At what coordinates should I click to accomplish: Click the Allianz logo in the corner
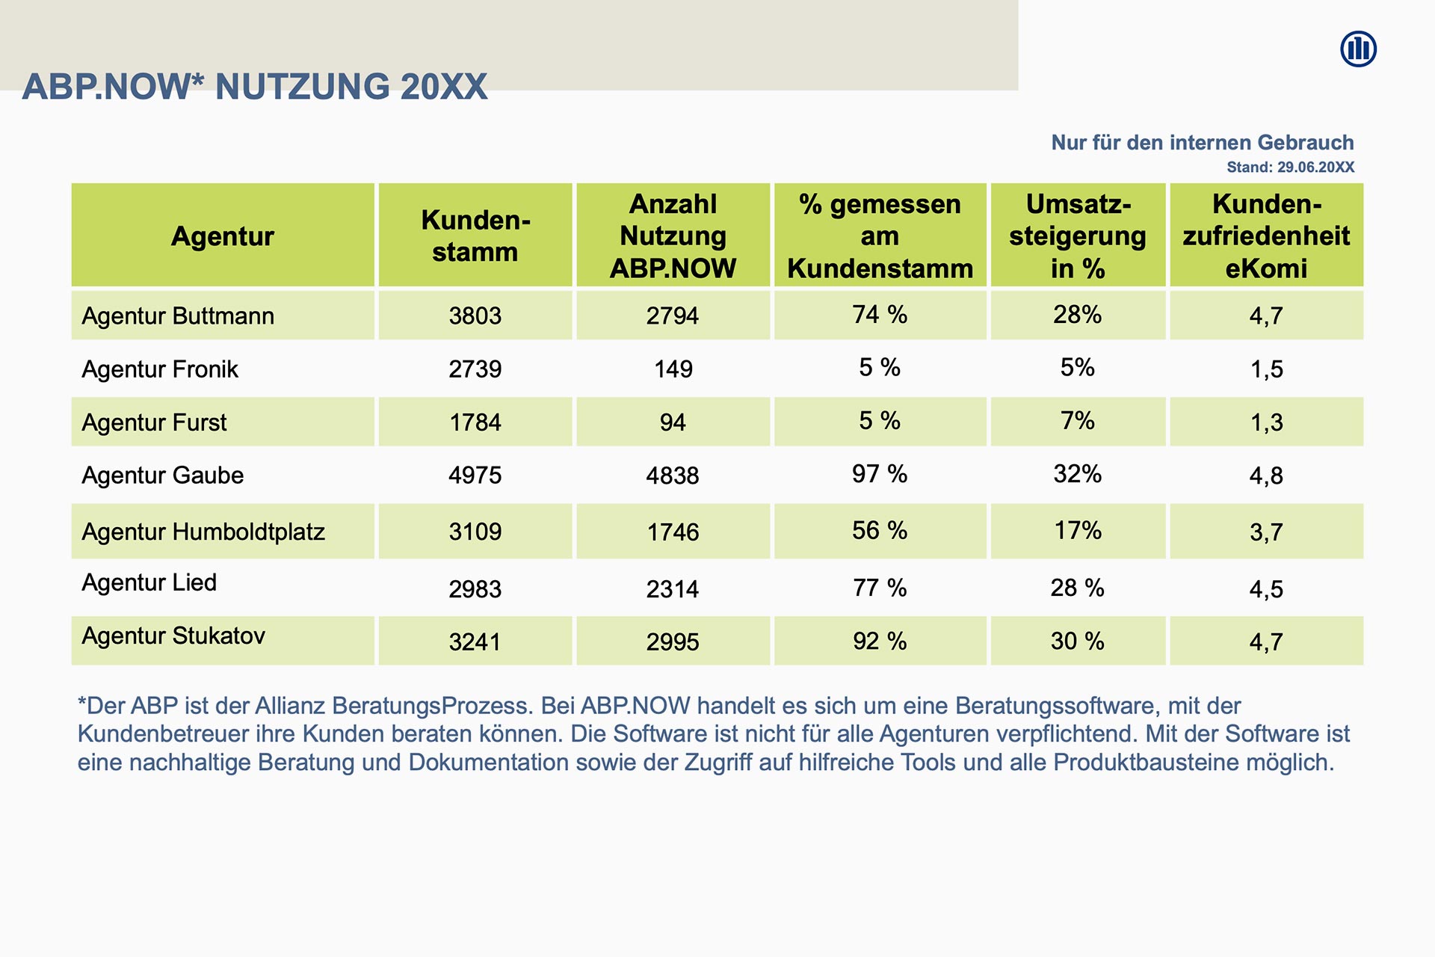click(x=1358, y=49)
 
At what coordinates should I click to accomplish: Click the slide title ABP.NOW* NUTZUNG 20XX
click(x=255, y=87)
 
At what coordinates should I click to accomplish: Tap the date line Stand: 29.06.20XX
click(x=1290, y=167)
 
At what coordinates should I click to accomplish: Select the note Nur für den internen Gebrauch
click(x=1202, y=143)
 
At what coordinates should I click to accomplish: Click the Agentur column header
click(x=223, y=236)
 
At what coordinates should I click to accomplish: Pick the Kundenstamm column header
click(x=475, y=236)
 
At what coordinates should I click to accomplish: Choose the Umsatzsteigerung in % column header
click(x=1077, y=236)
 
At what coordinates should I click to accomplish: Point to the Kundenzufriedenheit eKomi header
click(x=1266, y=236)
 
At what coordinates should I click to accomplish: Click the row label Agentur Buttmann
click(x=178, y=316)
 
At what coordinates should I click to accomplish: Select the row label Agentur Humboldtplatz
click(x=203, y=532)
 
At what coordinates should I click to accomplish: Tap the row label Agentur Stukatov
click(x=173, y=636)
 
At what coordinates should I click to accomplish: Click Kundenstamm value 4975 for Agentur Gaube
click(x=475, y=476)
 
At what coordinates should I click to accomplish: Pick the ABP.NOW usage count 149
click(x=673, y=369)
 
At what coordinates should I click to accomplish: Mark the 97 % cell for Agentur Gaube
click(x=880, y=474)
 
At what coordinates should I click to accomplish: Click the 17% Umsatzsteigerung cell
click(x=1077, y=531)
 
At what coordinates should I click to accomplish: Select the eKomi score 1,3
click(x=1266, y=422)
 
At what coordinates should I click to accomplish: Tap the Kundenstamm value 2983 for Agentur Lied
click(x=475, y=589)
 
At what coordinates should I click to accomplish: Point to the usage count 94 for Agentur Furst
click(x=673, y=422)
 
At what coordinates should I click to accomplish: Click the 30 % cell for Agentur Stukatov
click(x=1077, y=641)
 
